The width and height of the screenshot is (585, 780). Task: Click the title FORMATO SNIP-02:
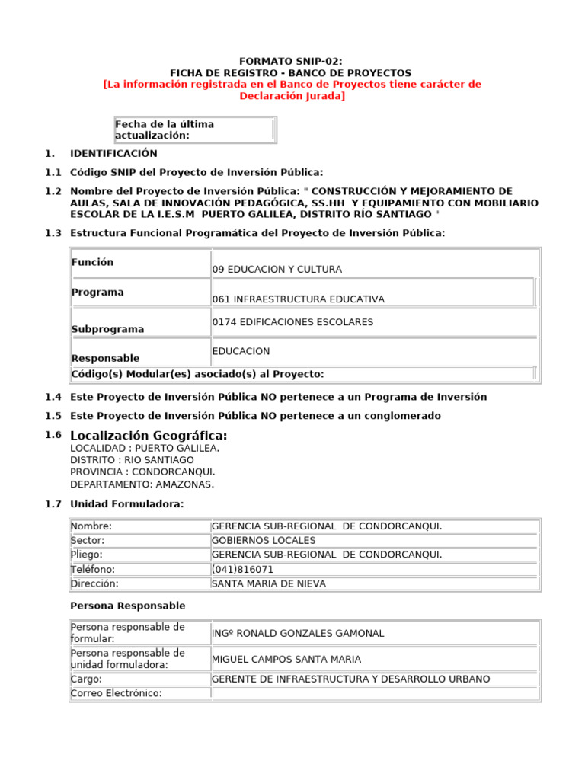(x=292, y=60)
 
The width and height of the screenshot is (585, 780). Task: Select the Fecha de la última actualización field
(x=194, y=129)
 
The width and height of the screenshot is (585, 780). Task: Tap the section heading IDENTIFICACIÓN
(x=113, y=153)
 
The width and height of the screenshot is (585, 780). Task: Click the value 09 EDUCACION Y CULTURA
(x=277, y=269)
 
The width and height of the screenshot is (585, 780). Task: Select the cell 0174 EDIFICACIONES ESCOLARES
(x=292, y=322)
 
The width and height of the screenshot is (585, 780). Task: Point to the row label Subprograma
(x=107, y=329)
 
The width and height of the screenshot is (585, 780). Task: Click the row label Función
(x=92, y=262)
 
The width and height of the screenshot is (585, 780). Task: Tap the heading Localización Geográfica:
(x=149, y=435)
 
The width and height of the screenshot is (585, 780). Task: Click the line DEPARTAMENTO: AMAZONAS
(x=142, y=484)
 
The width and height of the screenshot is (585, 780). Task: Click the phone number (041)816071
(x=242, y=569)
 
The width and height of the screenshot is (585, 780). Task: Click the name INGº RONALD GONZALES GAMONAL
(x=297, y=633)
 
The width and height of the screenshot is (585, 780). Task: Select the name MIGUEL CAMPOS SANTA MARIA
(x=286, y=659)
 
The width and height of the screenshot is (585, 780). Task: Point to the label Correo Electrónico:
(x=116, y=693)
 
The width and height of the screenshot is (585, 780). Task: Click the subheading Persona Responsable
(x=127, y=606)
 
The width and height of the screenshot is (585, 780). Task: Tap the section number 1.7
(x=53, y=504)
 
